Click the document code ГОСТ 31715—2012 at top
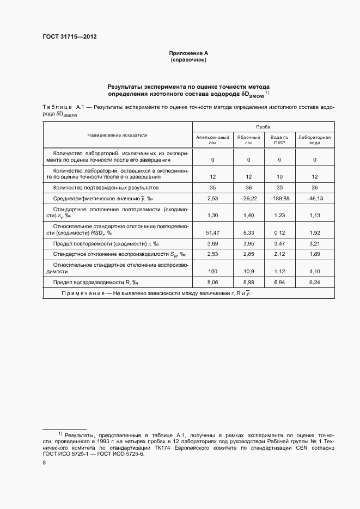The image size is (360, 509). click(x=69, y=37)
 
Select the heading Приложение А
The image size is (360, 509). click(x=188, y=53)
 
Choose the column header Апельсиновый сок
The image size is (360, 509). click(x=212, y=140)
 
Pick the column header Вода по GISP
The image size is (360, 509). click(x=279, y=140)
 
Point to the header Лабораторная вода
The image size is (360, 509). click(x=315, y=140)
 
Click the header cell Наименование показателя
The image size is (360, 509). click(x=117, y=134)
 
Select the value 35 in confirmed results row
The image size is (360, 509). click(x=212, y=187)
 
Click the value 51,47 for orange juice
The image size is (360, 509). click(x=212, y=233)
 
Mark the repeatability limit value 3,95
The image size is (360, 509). click(x=248, y=243)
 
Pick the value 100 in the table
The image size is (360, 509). click(x=212, y=271)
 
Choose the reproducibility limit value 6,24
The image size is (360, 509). click(x=315, y=283)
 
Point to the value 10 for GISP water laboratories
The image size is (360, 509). click(x=279, y=176)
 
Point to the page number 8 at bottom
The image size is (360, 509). click(x=44, y=462)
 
